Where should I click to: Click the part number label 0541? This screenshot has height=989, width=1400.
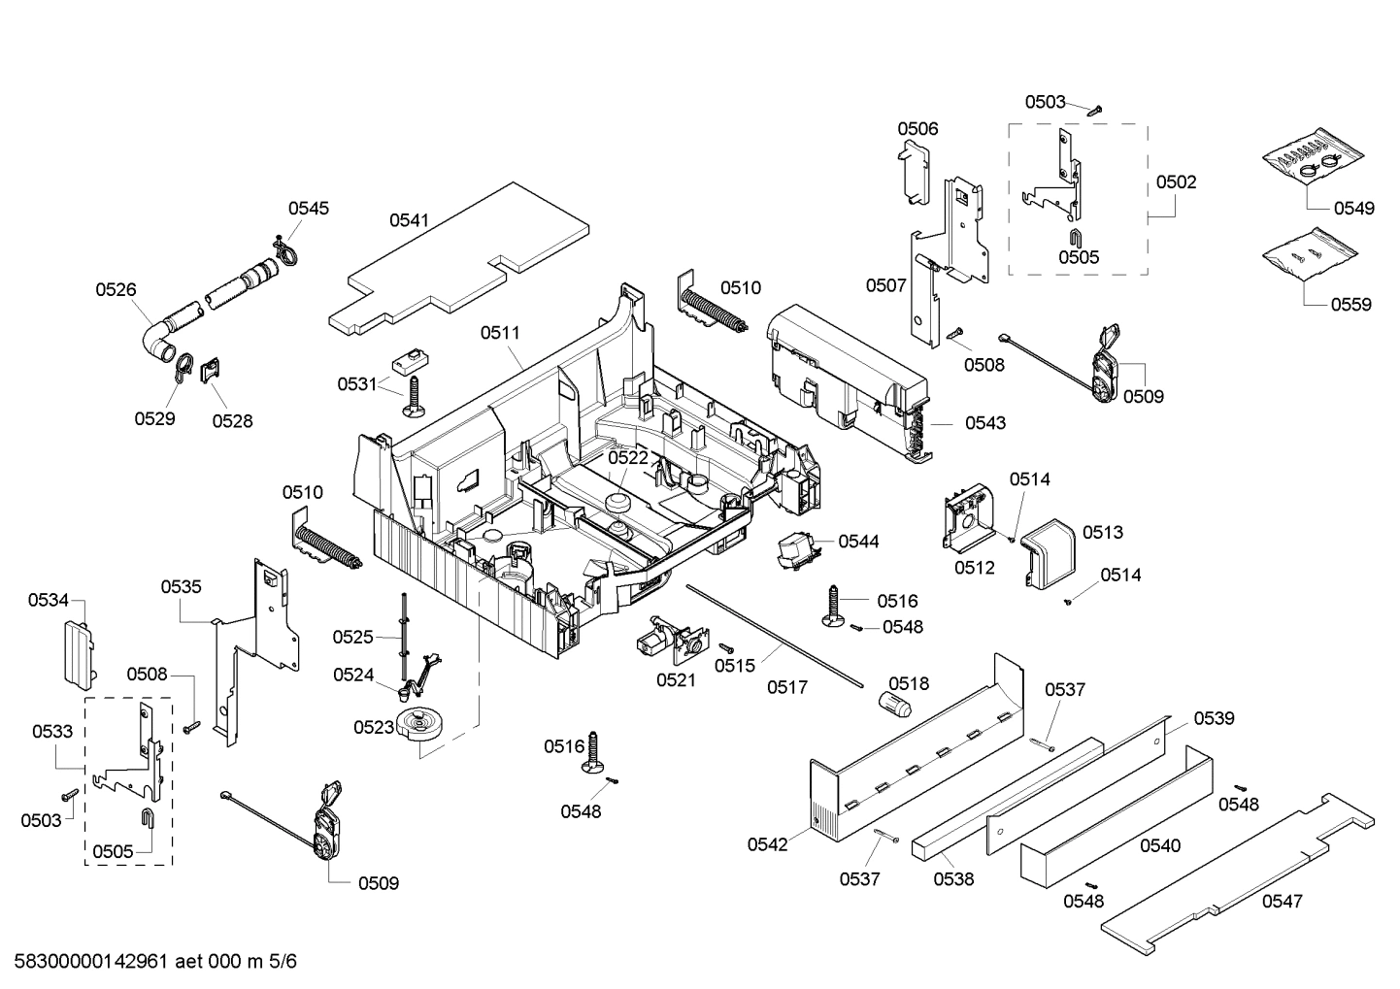(409, 220)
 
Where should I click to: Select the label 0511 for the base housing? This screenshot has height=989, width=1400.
(500, 332)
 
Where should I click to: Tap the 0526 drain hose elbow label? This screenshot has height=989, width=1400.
(116, 288)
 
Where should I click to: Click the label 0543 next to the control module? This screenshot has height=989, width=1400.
(984, 422)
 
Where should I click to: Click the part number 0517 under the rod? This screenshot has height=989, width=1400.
(786, 687)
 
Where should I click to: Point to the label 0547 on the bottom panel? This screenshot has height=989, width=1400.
(1282, 901)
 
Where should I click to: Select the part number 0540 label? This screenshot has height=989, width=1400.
(1159, 845)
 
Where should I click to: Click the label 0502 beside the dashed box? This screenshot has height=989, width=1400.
(1176, 181)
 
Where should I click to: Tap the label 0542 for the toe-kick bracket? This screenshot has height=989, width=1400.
(767, 844)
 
